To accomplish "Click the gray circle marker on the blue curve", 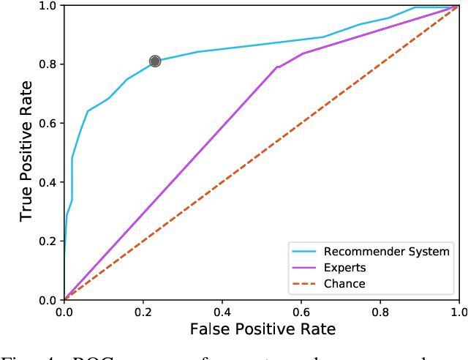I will pos(155,61).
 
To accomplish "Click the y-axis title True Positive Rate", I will pos(27,152).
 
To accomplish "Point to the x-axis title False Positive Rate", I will pos(263,330).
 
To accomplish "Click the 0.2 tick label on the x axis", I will pos(143,312).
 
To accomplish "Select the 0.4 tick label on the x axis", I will pos(222,312).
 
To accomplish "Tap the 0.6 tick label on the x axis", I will pos(301,312).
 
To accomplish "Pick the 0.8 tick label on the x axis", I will pos(380,312).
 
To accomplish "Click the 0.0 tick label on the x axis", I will pos(64,312).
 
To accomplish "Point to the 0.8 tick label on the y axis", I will pos(48,64).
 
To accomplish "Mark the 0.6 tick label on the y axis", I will pos(48,123).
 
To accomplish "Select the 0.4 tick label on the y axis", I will pos(48,182).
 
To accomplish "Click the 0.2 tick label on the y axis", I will pos(48,241).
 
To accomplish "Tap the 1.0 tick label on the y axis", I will pos(48,6).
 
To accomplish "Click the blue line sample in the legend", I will pos(305,251).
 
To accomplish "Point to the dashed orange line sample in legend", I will pos(305,283).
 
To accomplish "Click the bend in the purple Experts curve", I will pos(278,67).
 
